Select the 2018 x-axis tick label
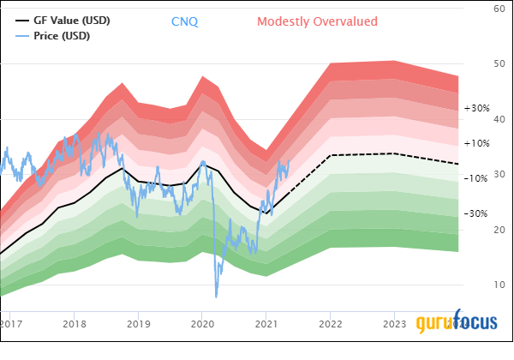click(75, 324)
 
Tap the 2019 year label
click(139, 324)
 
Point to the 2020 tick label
click(202, 324)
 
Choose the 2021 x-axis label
click(266, 324)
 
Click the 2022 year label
click(330, 324)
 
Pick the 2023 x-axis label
click(394, 324)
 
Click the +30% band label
click(475, 109)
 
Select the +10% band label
click(475, 143)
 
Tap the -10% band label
click(475, 178)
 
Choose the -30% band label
click(475, 213)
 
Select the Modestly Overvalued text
click(317, 21)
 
